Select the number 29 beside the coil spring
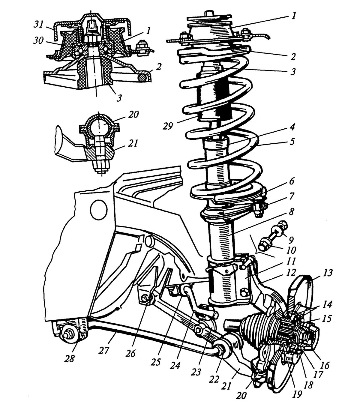(168, 126)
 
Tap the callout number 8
(292, 211)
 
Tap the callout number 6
(292, 181)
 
